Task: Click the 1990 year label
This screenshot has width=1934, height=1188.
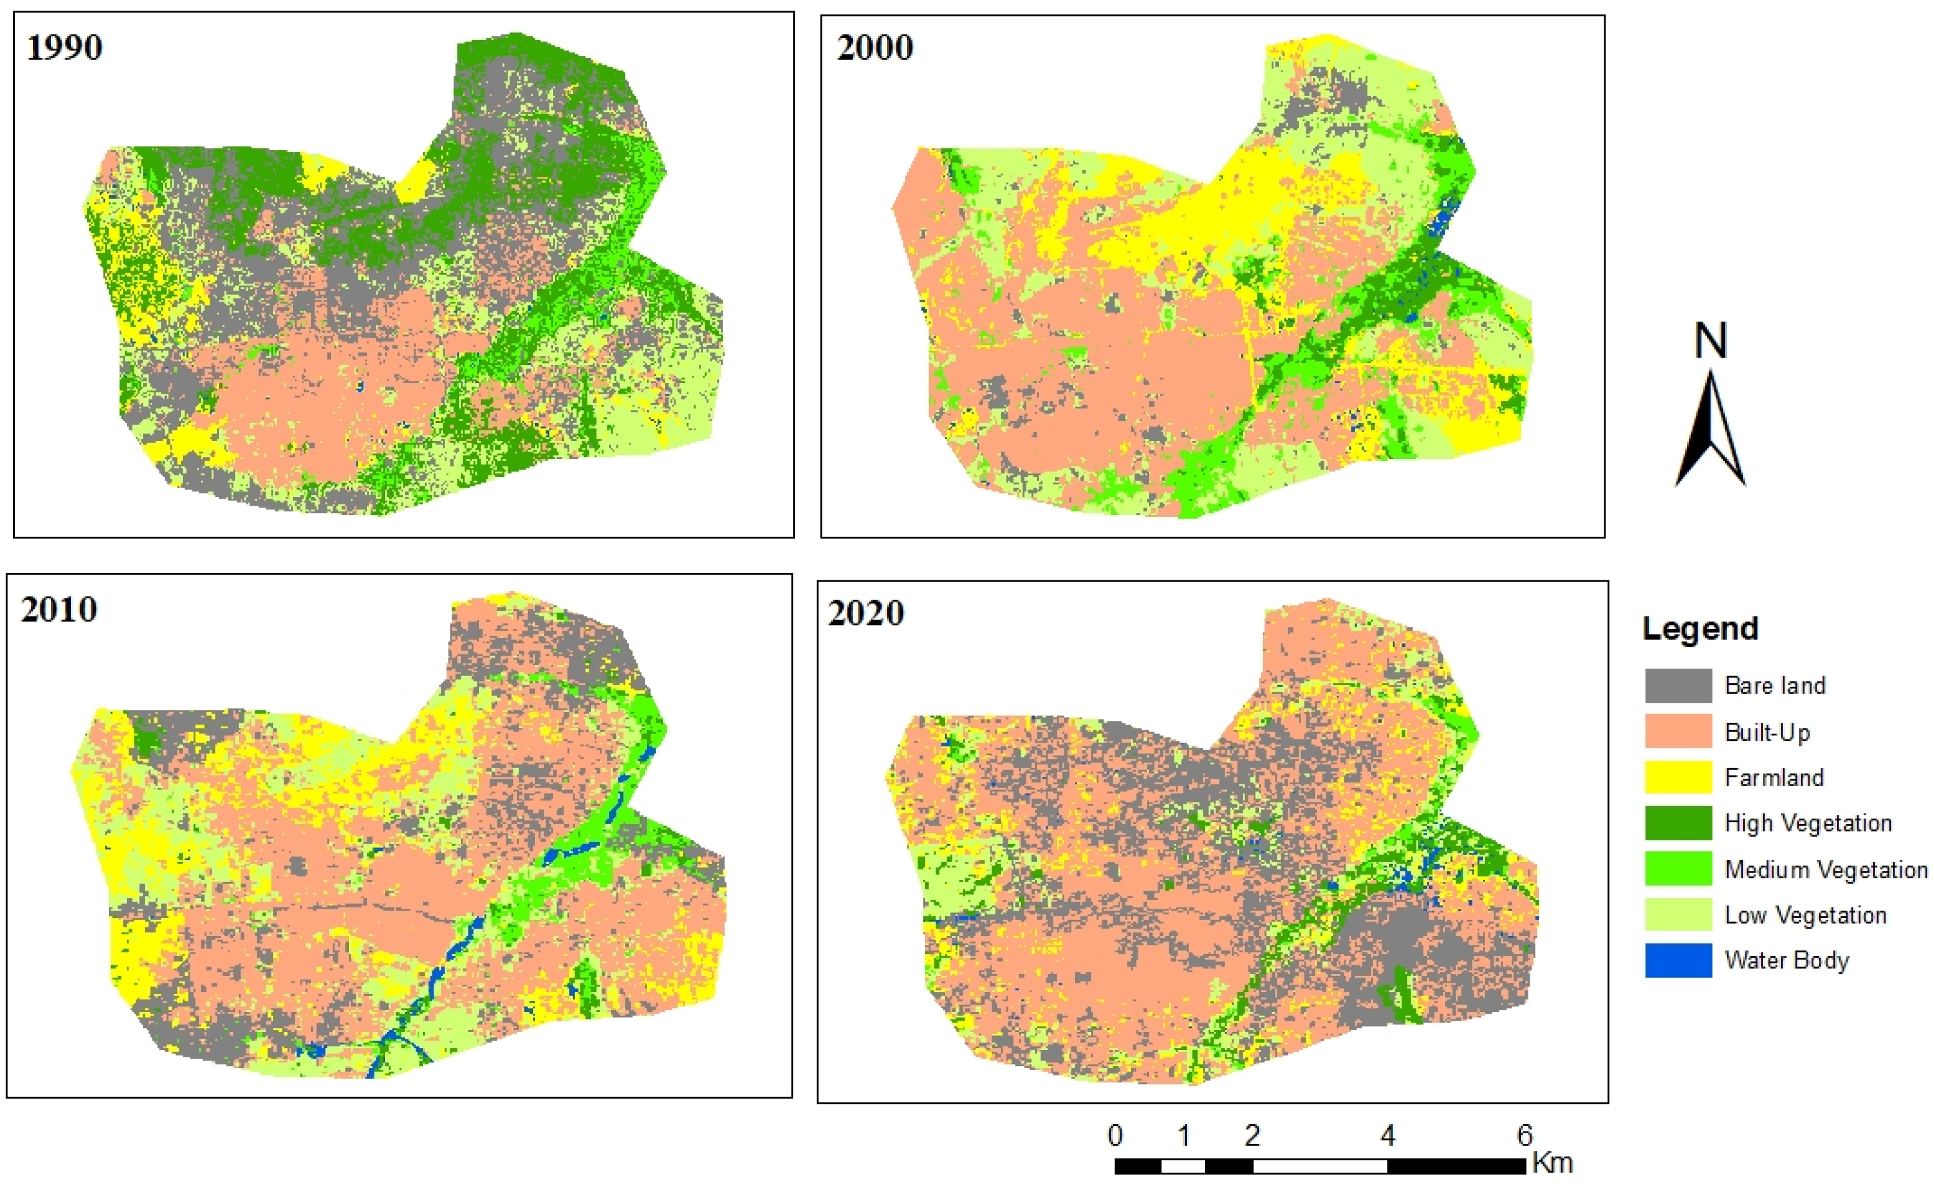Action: click(65, 47)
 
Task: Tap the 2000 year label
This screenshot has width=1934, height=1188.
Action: click(875, 47)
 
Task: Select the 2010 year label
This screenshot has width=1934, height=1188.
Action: click(59, 610)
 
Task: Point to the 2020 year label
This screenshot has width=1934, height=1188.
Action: click(866, 613)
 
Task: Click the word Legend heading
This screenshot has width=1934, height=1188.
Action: click(1700, 629)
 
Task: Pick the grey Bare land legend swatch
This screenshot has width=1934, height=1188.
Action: click(1678, 685)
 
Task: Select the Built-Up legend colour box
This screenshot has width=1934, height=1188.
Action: click(1678, 731)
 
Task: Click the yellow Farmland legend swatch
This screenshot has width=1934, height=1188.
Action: click(1678, 777)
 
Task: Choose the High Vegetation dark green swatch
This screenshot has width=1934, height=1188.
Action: click(1678, 823)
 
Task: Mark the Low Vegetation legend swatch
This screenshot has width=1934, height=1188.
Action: click(1678, 914)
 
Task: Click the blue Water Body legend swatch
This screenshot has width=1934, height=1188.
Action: click(1678, 960)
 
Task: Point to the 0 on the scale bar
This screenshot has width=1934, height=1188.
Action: click(1115, 1135)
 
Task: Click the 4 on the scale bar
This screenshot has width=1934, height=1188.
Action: click(1388, 1135)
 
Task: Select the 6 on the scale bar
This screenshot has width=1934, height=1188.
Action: click(1525, 1135)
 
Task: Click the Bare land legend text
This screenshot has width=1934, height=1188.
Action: click(1775, 685)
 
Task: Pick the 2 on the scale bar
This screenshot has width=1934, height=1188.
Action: click(1252, 1135)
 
